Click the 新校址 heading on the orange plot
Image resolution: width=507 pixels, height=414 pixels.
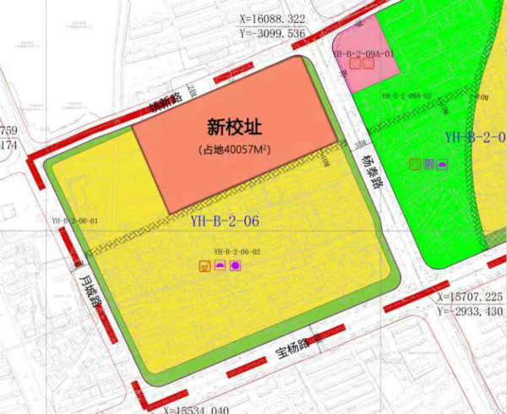(234, 128)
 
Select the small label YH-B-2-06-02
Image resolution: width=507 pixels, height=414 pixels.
(236, 251)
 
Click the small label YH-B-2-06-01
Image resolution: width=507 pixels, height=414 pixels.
(74, 221)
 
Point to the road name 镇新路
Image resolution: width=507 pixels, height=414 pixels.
(166, 103)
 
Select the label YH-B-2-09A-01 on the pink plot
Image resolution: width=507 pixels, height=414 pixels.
(364, 53)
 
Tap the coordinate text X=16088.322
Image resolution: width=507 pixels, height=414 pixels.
(271, 18)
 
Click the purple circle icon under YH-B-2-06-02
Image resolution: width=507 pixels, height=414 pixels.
(236, 266)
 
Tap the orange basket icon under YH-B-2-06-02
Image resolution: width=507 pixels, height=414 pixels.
(204, 267)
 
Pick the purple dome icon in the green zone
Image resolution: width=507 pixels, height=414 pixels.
(443, 163)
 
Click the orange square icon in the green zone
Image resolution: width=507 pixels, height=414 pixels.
(414, 163)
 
